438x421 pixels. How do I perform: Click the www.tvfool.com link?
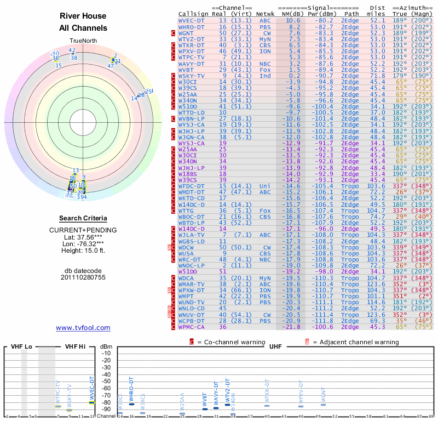pos(83,328)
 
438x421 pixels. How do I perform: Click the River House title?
pos(83,16)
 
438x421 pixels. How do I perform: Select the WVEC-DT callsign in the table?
pos(192,20)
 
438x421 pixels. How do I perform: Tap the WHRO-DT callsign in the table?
pos(192,26)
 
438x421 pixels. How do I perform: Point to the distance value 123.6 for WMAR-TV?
pos(376,284)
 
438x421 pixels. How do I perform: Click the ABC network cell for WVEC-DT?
pos(265,20)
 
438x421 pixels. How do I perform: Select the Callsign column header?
pos(192,13)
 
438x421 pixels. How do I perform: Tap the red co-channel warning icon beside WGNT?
pos(174,33)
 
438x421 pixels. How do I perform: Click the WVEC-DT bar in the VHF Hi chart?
pos(92,403)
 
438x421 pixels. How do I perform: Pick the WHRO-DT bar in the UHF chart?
pos(131,404)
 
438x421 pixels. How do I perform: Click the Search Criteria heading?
pos(83,218)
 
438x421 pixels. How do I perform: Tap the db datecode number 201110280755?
pos(83,277)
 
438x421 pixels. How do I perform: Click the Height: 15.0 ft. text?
pos(83,251)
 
